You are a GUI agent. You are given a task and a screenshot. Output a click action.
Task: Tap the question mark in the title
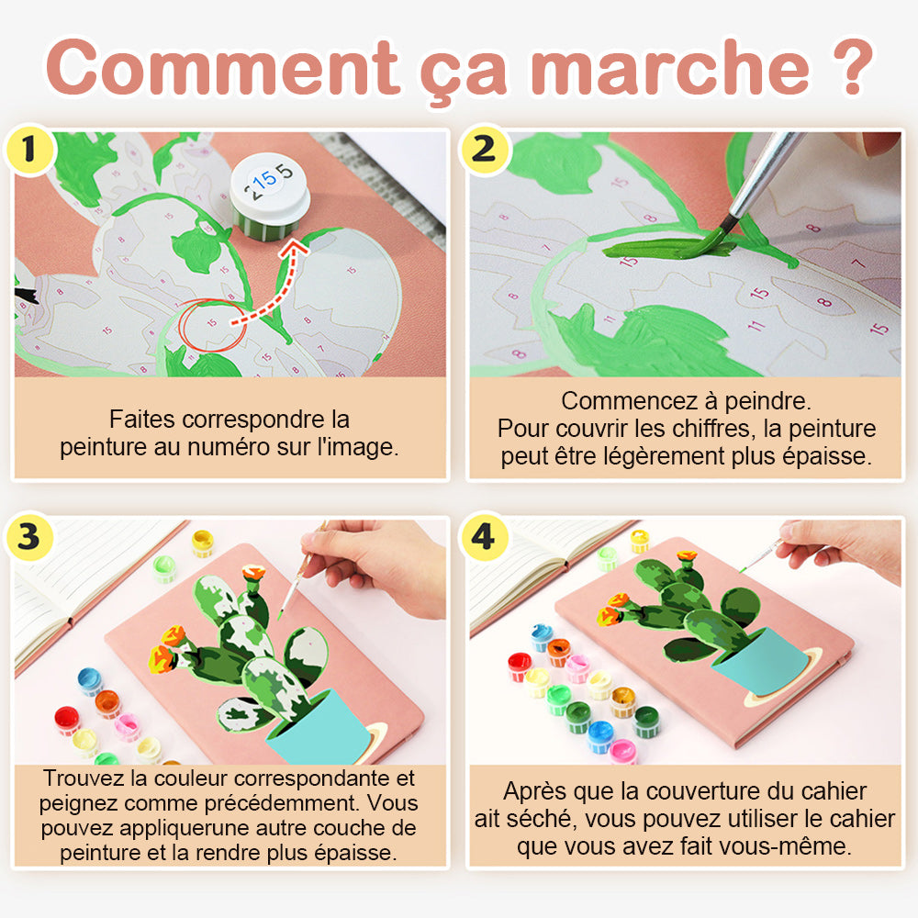pos(853,66)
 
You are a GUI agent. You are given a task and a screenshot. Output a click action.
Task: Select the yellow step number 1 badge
pos(29,150)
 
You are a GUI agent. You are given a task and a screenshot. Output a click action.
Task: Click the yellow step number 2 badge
pos(485,150)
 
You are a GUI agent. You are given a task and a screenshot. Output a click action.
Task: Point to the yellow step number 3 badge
pos(29,536)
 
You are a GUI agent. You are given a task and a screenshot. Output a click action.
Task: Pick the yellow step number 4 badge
pos(484,536)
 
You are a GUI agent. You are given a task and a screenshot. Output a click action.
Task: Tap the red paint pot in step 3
pos(67,720)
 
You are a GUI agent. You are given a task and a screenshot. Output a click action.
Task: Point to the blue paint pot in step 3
pos(90,681)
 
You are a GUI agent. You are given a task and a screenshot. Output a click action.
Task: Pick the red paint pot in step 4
pos(520,667)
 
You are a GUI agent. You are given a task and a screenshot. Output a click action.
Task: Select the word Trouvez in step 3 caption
pos(84,778)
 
